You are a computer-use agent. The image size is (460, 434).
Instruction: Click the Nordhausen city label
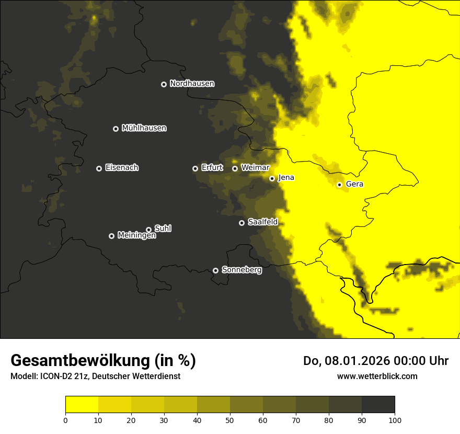pyautogui.click(x=192, y=84)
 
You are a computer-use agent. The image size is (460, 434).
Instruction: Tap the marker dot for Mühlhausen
pyautogui.click(x=116, y=129)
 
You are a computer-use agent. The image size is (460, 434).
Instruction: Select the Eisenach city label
pyautogui.click(x=122, y=168)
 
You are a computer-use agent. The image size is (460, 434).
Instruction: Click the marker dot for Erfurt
pyautogui.click(x=195, y=168)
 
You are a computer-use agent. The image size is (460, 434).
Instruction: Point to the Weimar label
pyautogui.click(x=255, y=168)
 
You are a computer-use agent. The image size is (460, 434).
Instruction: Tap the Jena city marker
pyautogui.click(x=272, y=178)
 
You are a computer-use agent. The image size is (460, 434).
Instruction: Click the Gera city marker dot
pyautogui.click(x=339, y=185)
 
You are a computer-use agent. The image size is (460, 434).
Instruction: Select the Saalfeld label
pyautogui.click(x=262, y=222)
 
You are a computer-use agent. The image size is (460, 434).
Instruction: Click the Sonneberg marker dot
pyautogui.click(x=215, y=270)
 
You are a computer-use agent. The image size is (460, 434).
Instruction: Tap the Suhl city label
pyautogui.click(x=163, y=229)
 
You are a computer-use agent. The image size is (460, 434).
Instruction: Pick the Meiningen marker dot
pyautogui.click(x=111, y=236)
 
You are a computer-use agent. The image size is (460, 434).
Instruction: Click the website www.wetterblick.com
pyautogui.click(x=377, y=376)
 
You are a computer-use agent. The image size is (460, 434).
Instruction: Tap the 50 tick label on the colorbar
pyautogui.click(x=230, y=420)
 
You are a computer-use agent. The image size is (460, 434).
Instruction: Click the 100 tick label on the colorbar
pyautogui.click(x=395, y=420)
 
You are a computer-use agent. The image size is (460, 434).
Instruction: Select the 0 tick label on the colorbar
pyautogui.click(x=65, y=420)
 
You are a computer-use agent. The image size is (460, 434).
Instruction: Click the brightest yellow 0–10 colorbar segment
pyautogui.click(x=82, y=404)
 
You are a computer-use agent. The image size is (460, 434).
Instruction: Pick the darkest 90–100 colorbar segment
pyautogui.click(x=378, y=404)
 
